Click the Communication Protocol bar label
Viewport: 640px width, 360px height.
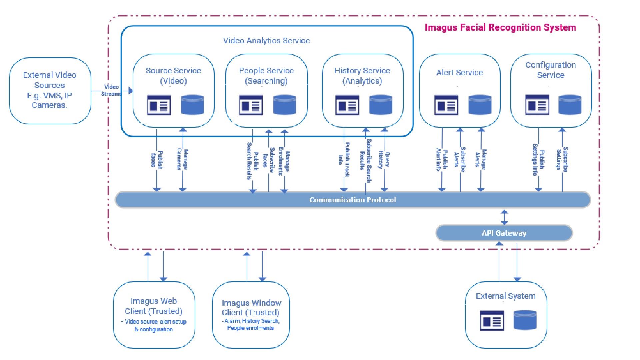click(x=352, y=200)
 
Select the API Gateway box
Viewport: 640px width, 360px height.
click(x=504, y=233)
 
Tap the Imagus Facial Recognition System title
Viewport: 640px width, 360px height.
click(x=500, y=27)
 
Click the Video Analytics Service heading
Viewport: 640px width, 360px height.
click(x=266, y=41)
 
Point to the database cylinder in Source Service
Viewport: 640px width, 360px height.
click(x=192, y=105)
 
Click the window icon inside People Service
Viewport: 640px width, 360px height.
click(x=251, y=105)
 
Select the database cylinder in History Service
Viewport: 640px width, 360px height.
click(x=381, y=105)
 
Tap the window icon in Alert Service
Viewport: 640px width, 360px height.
click(x=446, y=105)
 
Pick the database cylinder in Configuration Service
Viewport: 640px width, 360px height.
click(x=570, y=105)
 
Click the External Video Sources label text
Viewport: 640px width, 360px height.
click(x=50, y=90)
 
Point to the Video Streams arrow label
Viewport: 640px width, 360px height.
click(x=111, y=90)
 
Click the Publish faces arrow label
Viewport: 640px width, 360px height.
click(x=157, y=160)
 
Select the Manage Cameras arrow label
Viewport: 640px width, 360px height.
click(x=182, y=159)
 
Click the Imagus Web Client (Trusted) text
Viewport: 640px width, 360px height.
click(x=154, y=306)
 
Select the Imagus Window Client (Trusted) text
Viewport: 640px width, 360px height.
click(x=251, y=308)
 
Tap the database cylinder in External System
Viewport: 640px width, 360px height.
click(x=525, y=320)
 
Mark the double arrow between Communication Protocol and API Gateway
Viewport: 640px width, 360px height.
click(x=504, y=217)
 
